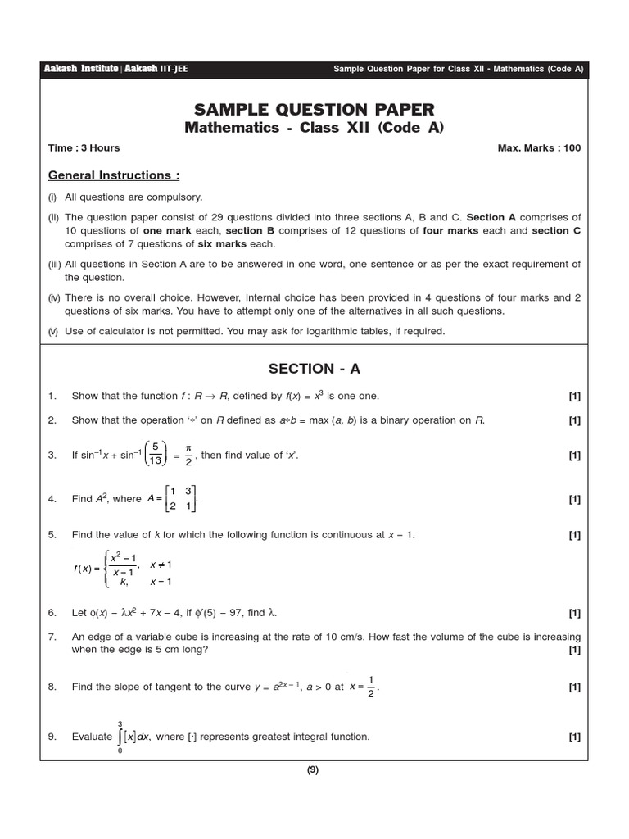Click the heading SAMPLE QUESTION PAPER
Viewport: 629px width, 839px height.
tap(314, 110)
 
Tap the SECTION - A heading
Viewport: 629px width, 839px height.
tap(314, 369)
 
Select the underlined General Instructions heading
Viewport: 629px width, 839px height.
tap(114, 175)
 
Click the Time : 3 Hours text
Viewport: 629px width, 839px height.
tap(84, 148)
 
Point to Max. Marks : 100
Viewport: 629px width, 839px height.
tap(539, 148)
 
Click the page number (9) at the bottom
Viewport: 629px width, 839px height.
tap(313, 769)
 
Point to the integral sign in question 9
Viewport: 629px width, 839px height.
tap(120, 737)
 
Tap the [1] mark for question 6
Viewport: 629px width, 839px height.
tap(574, 613)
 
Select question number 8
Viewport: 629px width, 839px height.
tap(52, 687)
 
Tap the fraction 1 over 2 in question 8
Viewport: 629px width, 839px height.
tap(371, 687)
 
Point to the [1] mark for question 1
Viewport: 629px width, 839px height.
tap(574, 397)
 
